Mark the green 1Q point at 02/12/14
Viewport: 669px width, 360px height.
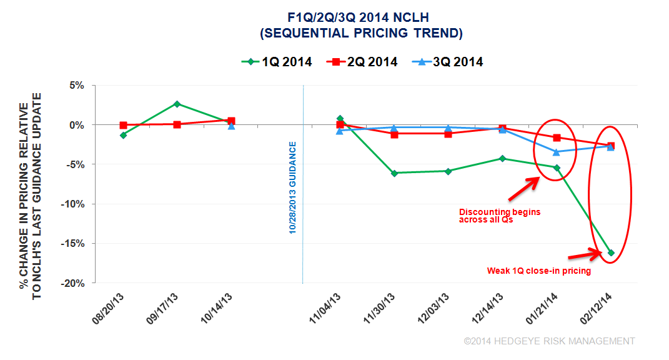610,252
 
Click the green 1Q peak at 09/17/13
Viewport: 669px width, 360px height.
177,104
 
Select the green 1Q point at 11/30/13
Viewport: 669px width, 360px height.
394,172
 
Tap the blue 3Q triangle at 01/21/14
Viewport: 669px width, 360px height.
557,152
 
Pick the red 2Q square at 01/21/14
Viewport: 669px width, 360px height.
557,137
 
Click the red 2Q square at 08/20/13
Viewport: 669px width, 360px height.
124,126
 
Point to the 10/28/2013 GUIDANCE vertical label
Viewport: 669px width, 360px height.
292,188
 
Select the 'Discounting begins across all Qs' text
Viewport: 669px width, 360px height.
500,216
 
